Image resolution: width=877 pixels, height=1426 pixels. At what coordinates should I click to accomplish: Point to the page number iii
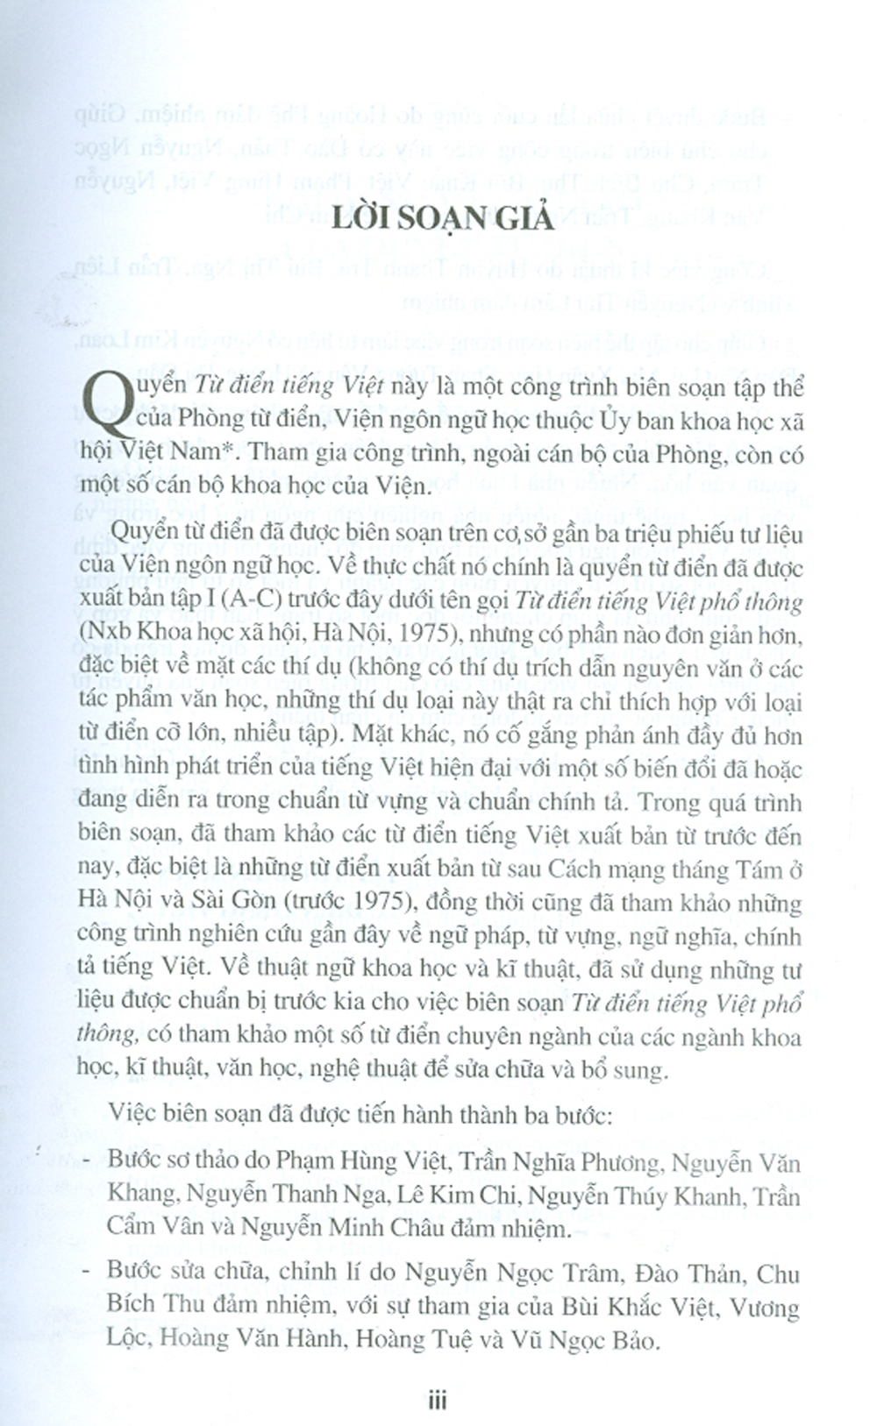(x=438, y=1401)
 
